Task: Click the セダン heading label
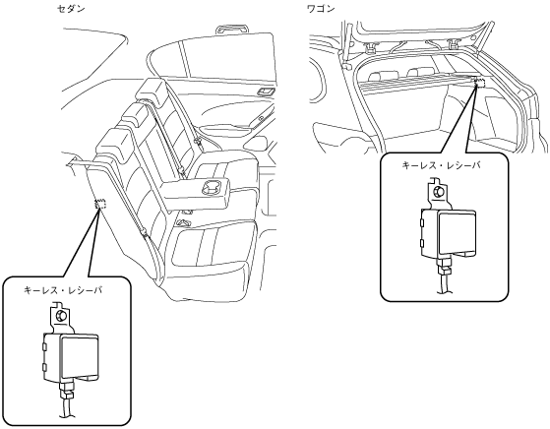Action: point(71,9)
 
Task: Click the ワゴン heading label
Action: point(321,9)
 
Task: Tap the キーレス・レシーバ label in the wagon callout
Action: point(441,165)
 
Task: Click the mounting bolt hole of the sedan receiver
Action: point(62,315)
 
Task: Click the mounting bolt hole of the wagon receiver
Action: point(438,191)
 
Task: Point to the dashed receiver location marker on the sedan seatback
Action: point(100,204)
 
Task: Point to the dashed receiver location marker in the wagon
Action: point(479,83)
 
